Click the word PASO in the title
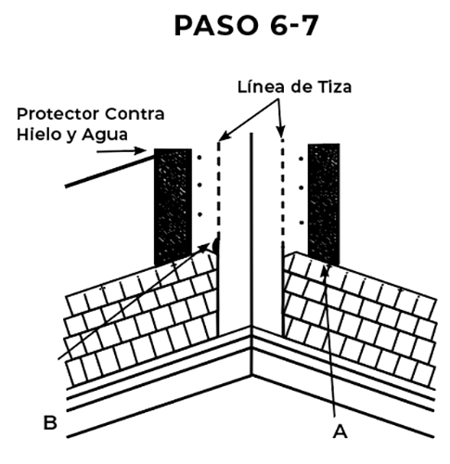pyautogui.click(x=216, y=26)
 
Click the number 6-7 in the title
pyautogui.click(x=294, y=26)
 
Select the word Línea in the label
pyautogui.click(x=261, y=86)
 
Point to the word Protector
pyautogui.click(x=58, y=114)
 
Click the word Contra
pyautogui.click(x=135, y=114)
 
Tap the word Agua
pyautogui.click(x=105, y=135)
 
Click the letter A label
pyautogui.click(x=340, y=432)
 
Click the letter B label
pyautogui.click(x=50, y=422)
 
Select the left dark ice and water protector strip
pyautogui.click(x=173, y=207)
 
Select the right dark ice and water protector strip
pyautogui.click(x=324, y=204)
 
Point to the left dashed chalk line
pyautogui.click(x=219, y=188)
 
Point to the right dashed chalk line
pyautogui.click(x=282, y=190)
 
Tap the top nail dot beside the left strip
pyautogui.click(x=199, y=158)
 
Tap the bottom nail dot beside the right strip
pyautogui.click(x=302, y=223)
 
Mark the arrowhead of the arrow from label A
pyautogui.click(x=324, y=271)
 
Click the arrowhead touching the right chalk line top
pyautogui.click(x=281, y=132)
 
